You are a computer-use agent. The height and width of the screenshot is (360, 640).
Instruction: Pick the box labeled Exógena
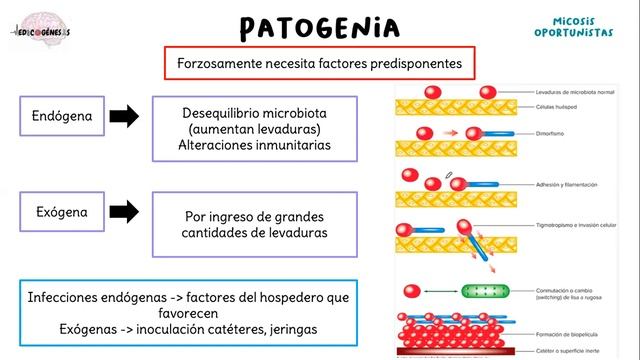[63, 212]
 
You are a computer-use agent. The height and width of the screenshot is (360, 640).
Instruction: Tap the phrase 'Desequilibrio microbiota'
[255, 113]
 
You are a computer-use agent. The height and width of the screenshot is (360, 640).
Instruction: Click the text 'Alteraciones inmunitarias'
[254, 145]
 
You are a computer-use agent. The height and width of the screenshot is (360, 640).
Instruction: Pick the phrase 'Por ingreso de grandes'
[255, 216]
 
